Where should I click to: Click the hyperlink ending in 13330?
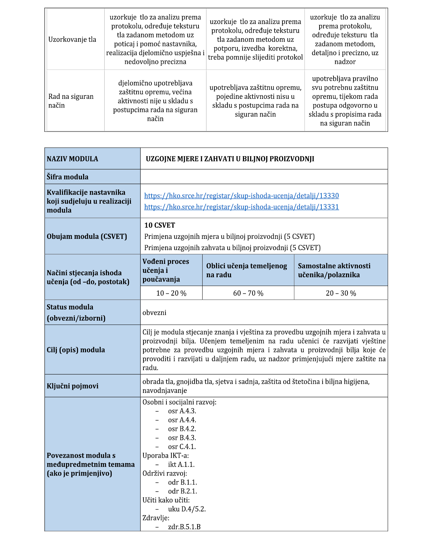coord(241,196)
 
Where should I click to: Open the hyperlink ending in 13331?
coord(241,207)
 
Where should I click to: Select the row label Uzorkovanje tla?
coord(72,40)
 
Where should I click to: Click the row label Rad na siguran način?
coord(71,101)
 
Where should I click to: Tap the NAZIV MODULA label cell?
coord(72,159)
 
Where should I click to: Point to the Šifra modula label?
coord(68,177)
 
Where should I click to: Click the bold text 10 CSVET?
coord(160,225)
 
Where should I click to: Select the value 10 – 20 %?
coord(171,293)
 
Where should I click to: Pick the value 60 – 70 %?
coord(248,293)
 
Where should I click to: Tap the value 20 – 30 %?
coord(341,293)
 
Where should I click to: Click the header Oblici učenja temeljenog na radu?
coord(247,270)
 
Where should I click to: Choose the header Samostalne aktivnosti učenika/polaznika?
coord(334,270)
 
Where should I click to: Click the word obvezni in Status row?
coord(154,313)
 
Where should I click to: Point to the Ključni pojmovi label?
coord(72,386)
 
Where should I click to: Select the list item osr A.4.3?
coord(182,411)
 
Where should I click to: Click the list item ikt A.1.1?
coord(181,465)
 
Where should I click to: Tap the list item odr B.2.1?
coord(182,491)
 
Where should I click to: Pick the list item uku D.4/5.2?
coord(187,509)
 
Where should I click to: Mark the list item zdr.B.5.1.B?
coord(184,527)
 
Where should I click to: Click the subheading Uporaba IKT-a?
coord(166,456)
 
